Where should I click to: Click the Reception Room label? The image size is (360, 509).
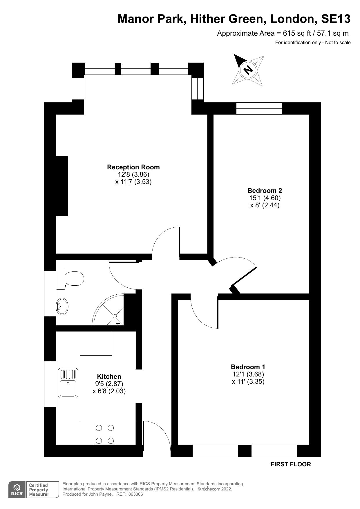133,167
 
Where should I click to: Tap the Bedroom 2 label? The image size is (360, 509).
265,191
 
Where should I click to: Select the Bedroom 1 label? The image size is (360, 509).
248,367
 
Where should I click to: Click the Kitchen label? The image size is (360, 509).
109,376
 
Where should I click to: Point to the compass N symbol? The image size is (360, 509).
248,70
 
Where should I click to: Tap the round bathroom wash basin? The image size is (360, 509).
62,306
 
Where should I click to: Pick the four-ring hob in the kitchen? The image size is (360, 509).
105,434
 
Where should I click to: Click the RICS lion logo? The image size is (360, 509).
17,490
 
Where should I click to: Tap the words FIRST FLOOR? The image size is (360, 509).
291,464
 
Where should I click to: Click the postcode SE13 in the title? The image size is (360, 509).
336,19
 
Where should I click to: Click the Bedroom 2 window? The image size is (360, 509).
259,108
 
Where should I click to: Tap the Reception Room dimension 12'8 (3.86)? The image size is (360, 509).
133,175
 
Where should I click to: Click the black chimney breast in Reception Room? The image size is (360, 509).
62,186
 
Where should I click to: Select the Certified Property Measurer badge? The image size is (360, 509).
38,490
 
